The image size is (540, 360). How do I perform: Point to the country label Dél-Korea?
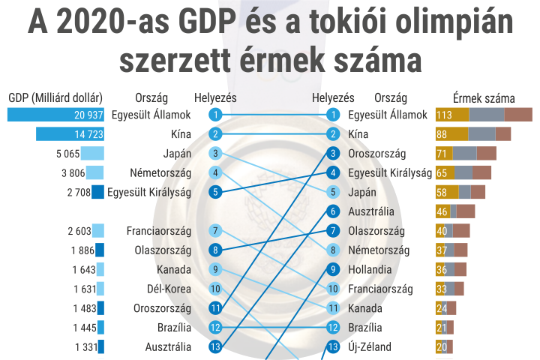tap(169, 289)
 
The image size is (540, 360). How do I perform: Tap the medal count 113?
tap(444, 115)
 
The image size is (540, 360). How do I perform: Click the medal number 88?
tap(442, 134)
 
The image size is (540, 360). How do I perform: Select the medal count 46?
tap(442, 211)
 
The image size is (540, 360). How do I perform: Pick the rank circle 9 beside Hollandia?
tap(333, 269)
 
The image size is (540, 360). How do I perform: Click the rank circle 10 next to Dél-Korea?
tap(215, 289)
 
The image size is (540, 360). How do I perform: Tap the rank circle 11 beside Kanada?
tap(333, 308)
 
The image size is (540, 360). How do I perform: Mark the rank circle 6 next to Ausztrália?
tap(333, 211)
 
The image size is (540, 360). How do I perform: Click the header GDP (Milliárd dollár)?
tap(55, 98)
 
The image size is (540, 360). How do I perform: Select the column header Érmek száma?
tap(484, 98)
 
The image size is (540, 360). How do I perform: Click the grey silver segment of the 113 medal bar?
tap(487, 115)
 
